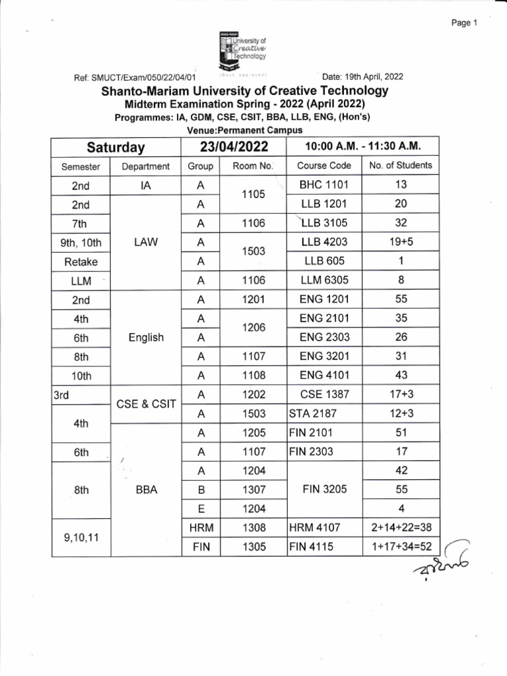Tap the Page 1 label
464,22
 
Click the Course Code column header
324,166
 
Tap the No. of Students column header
401,166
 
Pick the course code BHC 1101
324,185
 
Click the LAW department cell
146,242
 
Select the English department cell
146,337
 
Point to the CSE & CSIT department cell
146,404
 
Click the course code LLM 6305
324,280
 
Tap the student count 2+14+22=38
401,528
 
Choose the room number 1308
253,528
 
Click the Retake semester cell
81,261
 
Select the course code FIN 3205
324,490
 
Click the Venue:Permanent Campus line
244,129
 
